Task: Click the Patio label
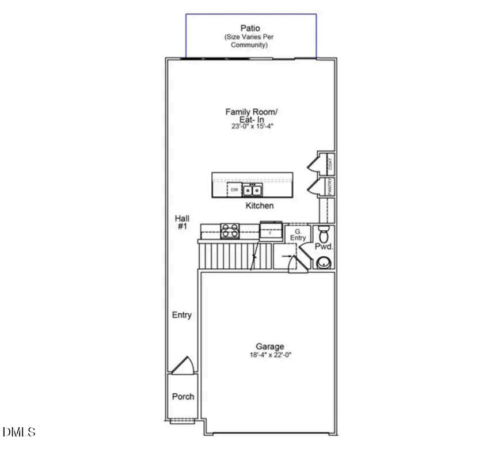tap(250, 28)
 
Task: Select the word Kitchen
tap(260, 206)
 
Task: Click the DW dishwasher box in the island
tap(234, 189)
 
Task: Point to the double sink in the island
tap(252, 190)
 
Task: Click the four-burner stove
tap(230, 231)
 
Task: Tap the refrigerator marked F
tap(269, 231)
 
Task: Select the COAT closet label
tap(330, 162)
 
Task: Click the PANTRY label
tap(330, 186)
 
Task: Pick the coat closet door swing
tap(313, 164)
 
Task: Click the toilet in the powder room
tap(323, 234)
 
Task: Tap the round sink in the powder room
tap(324, 263)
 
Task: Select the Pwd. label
tap(324, 246)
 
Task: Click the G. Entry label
tap(298, 234)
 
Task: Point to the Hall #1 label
tap(182, 222)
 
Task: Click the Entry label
tap(182, 315)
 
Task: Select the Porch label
tap(183, 397)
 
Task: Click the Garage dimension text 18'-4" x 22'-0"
tap(270, 355)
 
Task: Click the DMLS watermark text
tap(19, 432)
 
